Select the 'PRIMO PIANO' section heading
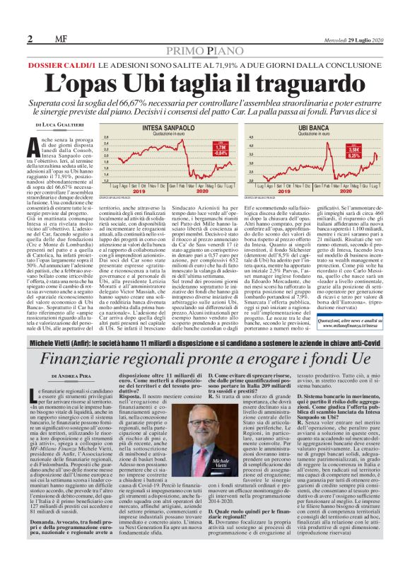tap(204, 51)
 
